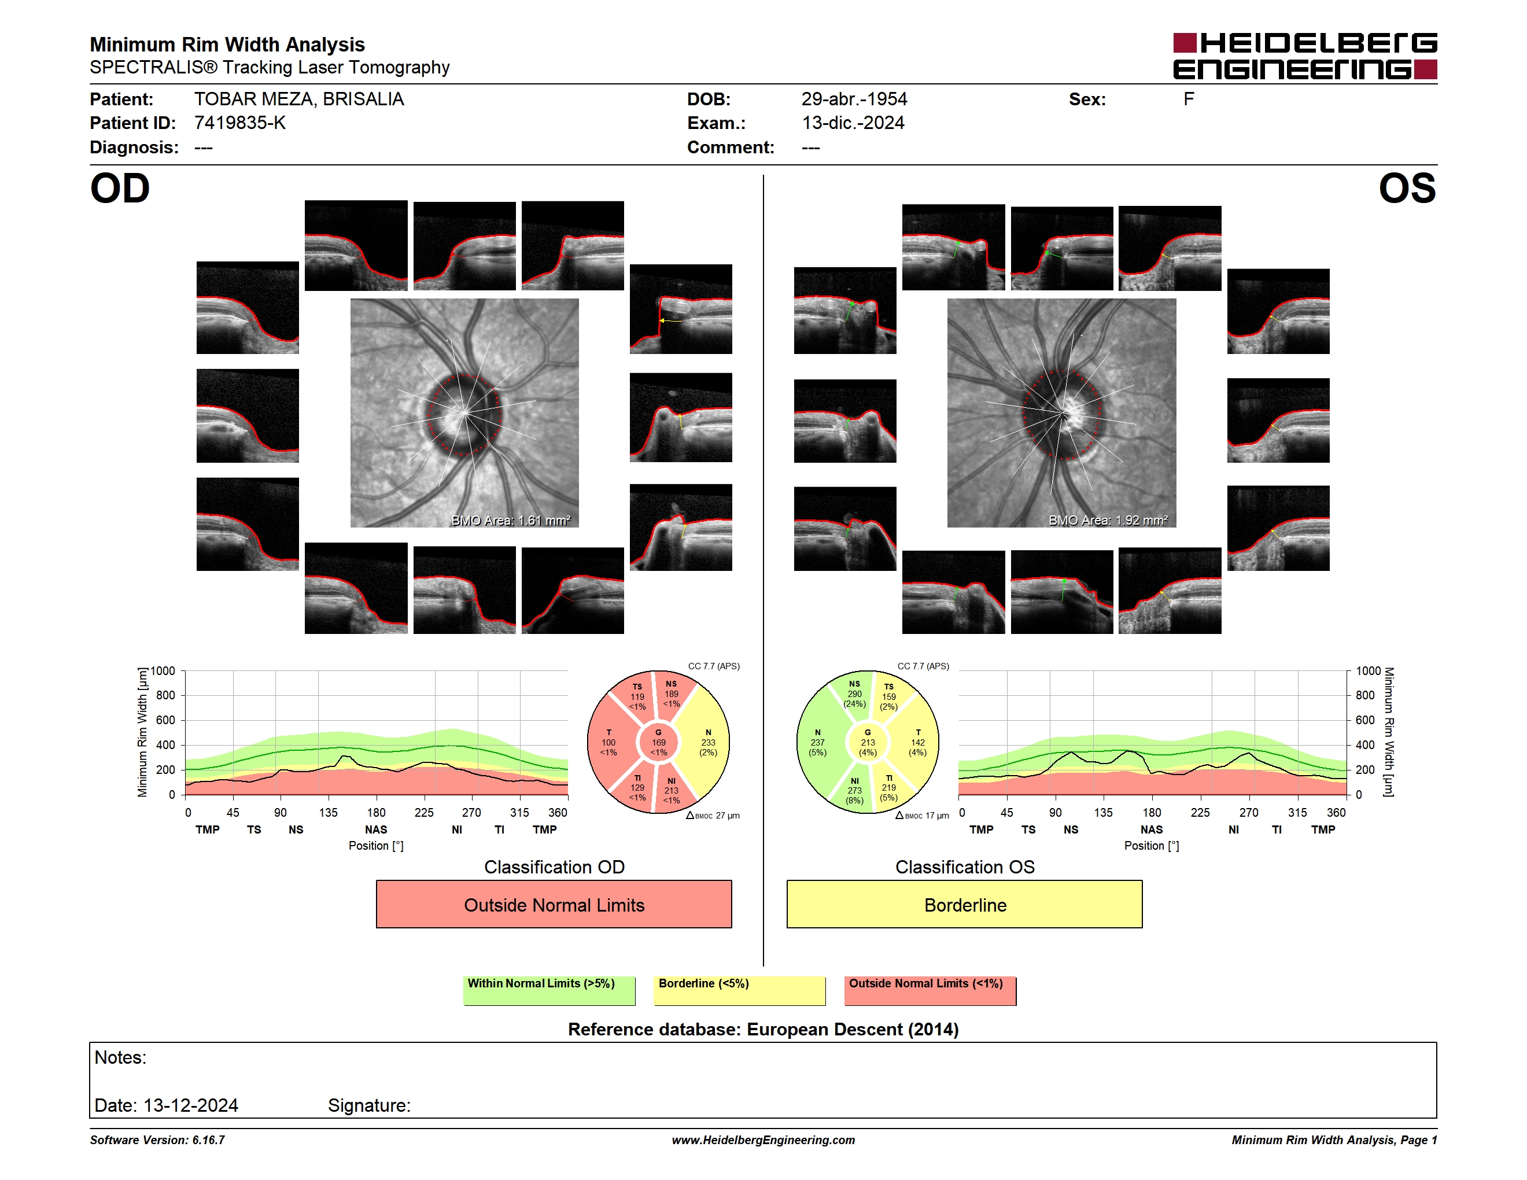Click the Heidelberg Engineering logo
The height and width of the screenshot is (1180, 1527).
1305,56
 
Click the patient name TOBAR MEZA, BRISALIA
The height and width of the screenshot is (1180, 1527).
299,99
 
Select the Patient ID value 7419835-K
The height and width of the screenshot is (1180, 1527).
240,123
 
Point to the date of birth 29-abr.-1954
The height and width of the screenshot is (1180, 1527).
854,99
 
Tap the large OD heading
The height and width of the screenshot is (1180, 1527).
120,189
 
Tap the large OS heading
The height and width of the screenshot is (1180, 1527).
1407,189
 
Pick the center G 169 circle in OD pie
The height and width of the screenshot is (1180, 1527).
659,742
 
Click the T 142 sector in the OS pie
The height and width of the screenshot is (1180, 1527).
917,742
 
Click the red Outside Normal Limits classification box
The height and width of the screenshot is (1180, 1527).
554,905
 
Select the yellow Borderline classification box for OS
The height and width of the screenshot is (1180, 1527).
965,905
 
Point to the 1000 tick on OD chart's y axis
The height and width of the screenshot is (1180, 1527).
163,671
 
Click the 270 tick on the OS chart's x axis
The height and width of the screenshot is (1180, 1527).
1249,812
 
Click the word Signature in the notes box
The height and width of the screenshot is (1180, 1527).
368,1105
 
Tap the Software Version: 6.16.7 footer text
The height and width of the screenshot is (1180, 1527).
157,1140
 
